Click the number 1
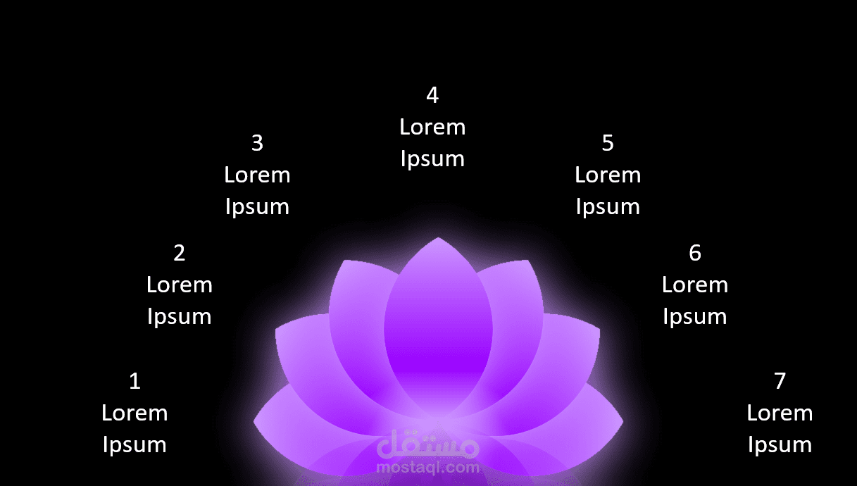coord(135,381)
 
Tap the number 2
coord(180,253)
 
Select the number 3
coord(258,143)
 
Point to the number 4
coord(432,95)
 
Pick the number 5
coord(608,143)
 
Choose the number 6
coord(695,253)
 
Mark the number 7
coord(780,381)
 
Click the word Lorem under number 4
coord(432,127)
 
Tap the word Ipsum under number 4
coord(432,159)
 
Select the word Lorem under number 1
coord(135,413)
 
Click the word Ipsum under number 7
coord(780,445)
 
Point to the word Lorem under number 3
coord(258,175)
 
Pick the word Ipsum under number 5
coord(608,207)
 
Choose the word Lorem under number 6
coord(695,285)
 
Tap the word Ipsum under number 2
coord(180,317)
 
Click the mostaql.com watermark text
coord(428,468)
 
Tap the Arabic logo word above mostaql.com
coord(428,444)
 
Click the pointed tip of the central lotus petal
coord(438,237)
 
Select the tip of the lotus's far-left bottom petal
coord(254,421)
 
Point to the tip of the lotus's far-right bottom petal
coord(623,421)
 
